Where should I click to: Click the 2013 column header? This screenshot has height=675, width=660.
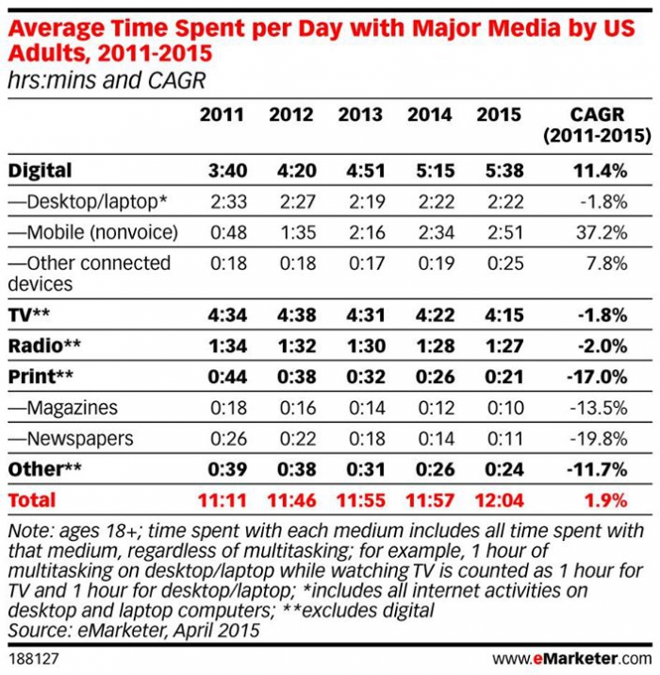pyautogui.click(x=360, y=115)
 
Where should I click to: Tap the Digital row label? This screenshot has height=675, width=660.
pyautogui.click(x=40, y=171)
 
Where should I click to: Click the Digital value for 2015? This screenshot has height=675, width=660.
pyautogui.click(x=499, y=171)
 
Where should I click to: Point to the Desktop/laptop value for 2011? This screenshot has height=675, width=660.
pyautogui.click(x=222, y=201)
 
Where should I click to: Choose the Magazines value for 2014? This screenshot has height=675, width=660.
pyautogui.click(x=430, y=408)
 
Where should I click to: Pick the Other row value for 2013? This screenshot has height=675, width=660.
pyautogui.click(x=360, y=469)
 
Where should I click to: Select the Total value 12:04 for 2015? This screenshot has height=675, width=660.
pyautogui.click(x=499, y=499)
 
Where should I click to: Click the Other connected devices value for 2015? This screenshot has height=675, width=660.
pyautogui.click(x=499, y=262)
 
